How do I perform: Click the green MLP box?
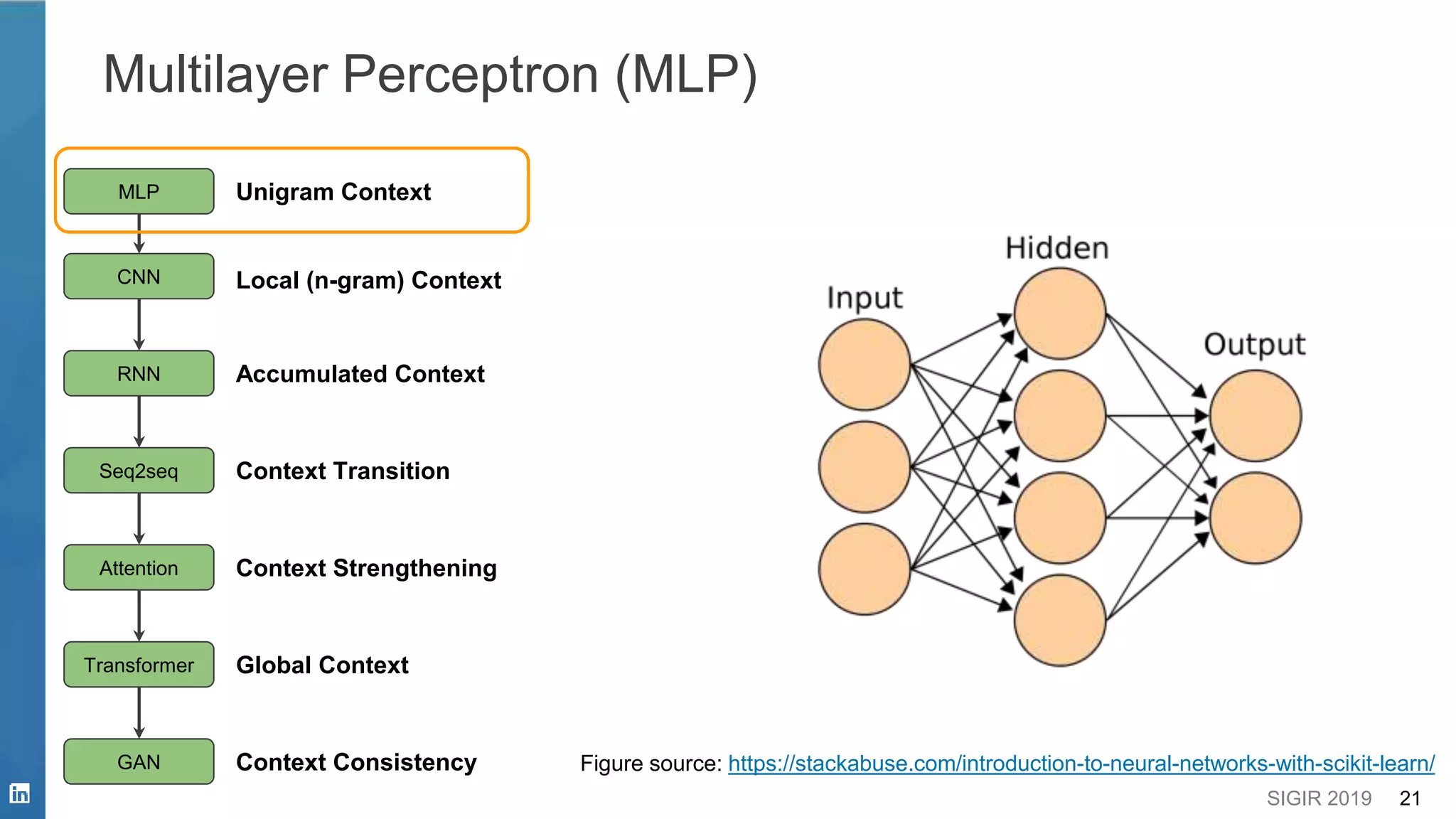[139, 191]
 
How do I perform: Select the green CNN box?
[139, 277]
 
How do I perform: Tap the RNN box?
[139, 373]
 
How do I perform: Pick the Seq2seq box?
[139, 471]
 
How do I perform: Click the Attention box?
[139, 568]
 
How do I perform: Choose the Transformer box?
[139, 665]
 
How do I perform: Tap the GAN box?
[139, 762]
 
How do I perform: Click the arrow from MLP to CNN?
[139, 234]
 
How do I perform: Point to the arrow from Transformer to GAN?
[139, 713]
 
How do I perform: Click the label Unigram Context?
[333, 192]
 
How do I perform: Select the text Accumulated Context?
[360, 374]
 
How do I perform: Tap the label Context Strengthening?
[366, 568]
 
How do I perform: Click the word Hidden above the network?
[1057, 248]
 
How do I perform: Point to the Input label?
[864, 298]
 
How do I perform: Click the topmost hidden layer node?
[1059, 314]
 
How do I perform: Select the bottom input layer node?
[864, 569]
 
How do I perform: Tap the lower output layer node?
[1256, 518]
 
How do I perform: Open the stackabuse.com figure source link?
[1081, 764]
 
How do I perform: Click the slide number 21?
[1409, 798]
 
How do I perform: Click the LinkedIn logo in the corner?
[19, 793]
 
